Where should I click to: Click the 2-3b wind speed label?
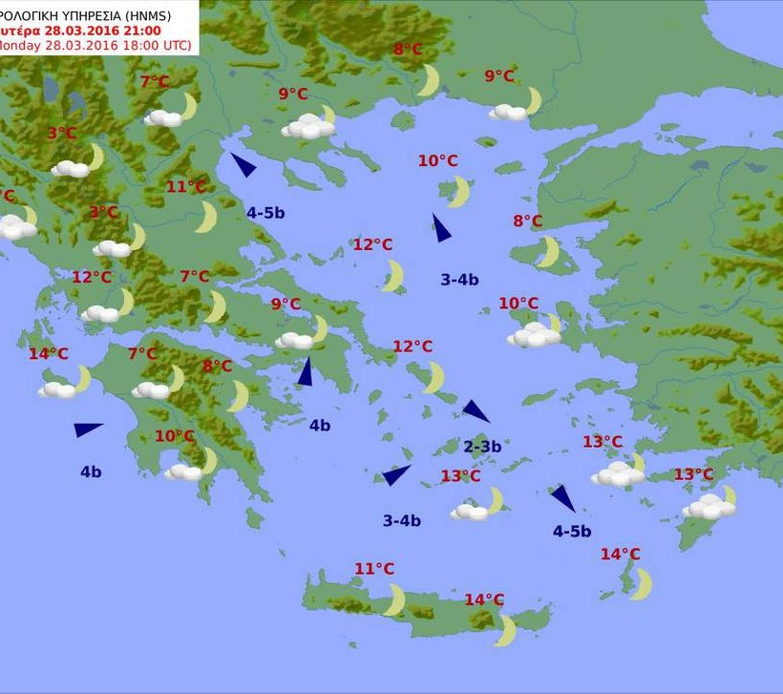pos(482,446)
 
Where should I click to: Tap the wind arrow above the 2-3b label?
pos(476,410)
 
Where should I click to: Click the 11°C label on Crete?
pos(374,569)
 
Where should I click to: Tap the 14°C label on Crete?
pos(484,599)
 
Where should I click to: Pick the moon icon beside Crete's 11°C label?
pos(393,599)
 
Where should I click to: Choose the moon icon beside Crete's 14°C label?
pos(505,630)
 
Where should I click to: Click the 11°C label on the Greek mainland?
pos(185,186)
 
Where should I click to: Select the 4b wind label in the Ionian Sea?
pos(91,471)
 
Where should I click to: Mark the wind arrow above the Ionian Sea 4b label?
pos(87,429)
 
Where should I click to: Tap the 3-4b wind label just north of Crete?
pos(401,520)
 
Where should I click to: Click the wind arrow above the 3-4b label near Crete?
pos(395,474)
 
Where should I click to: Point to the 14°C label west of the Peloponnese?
pos(48,353)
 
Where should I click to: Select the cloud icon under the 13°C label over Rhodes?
pos(709,506)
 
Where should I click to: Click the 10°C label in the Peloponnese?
pos(175,436)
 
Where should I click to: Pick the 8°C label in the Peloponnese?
pos(217,366)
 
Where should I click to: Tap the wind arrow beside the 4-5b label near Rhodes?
pos(562,497)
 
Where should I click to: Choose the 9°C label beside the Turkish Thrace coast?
pos(499,76)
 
